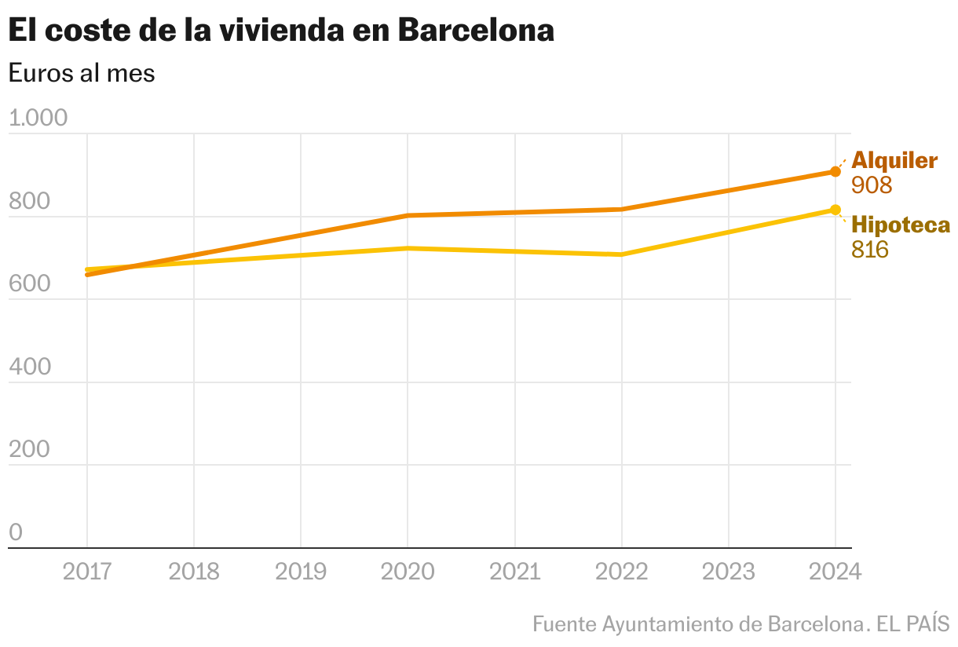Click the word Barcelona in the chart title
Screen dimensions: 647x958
coord(476,31)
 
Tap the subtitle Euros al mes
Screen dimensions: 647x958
coord(82,73)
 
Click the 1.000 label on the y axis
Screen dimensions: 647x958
coord(38,119)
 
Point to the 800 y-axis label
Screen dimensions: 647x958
coord(29,202)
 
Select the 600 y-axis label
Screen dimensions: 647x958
coord(29,284)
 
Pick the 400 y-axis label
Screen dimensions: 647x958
coord(29,367)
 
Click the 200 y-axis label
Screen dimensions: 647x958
coord(29,450)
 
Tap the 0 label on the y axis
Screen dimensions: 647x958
coord(16,532)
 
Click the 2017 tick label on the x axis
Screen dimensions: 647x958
coord(86,571)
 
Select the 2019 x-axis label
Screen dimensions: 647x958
coord(300,571)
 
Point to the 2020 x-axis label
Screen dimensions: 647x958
coord(408,571)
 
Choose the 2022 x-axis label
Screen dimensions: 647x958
coord(622,571)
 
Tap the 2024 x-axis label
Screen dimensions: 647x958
coord(836,571)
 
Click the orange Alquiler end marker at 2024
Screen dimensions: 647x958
coord(836,172)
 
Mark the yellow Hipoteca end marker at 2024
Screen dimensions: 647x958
coord(836,210)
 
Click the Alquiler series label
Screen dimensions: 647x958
coord(894,160)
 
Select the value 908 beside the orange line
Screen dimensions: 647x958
coord(872,185)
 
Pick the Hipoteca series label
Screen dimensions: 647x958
coord(900,225)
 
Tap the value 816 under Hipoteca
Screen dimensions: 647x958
coord(870,250)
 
